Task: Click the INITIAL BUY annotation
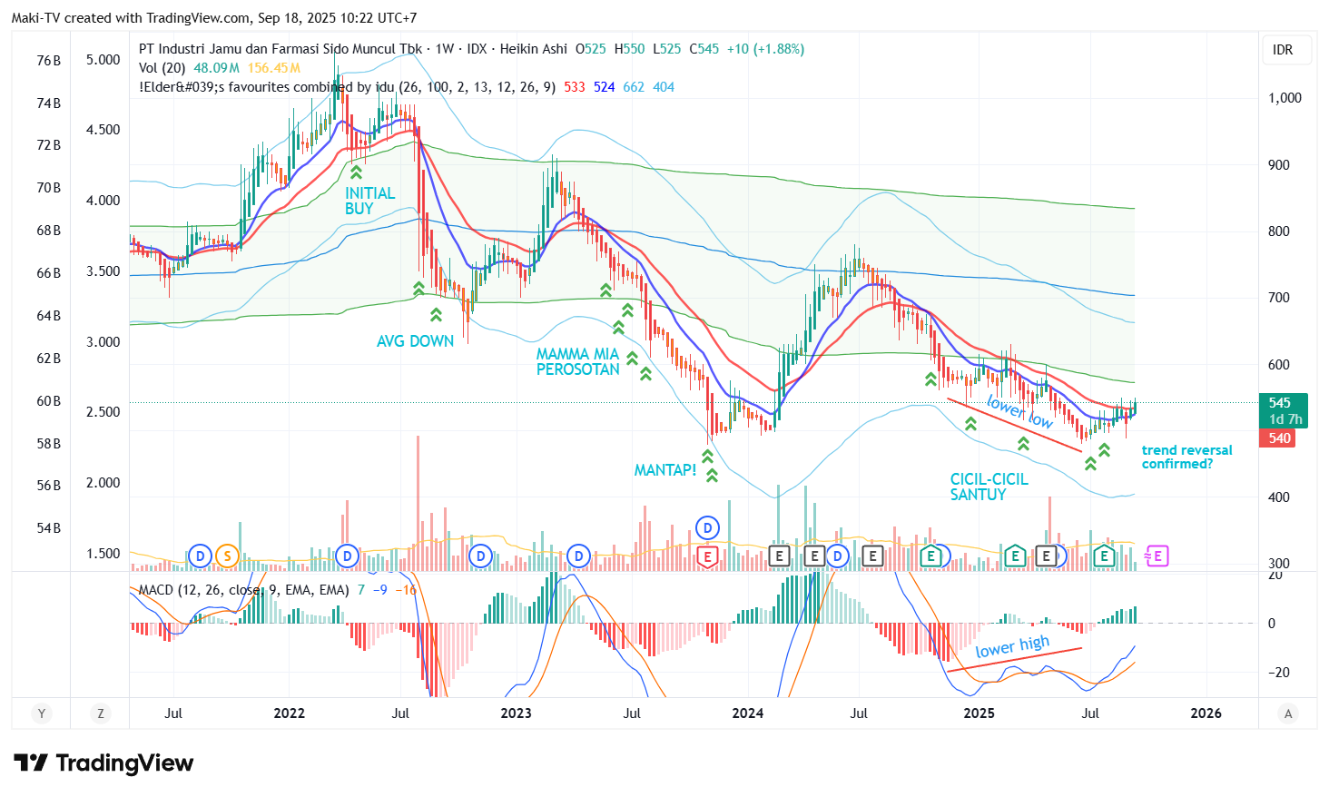369,201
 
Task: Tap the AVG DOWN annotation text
415,341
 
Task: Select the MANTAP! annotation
664,470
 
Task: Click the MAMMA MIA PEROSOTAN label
577,361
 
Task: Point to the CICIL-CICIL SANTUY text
989,487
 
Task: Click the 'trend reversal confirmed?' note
1186,457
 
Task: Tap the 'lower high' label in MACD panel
1012,647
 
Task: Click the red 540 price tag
1280,438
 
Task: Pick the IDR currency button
1283,50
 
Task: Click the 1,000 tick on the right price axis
1285,98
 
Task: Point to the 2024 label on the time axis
747,713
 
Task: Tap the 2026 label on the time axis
1206,713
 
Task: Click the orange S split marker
227,556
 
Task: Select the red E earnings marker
707,556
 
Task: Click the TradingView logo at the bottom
103,763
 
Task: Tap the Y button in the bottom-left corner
41,713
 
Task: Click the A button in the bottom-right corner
1287,713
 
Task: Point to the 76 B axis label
49,61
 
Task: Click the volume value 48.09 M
216,68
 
